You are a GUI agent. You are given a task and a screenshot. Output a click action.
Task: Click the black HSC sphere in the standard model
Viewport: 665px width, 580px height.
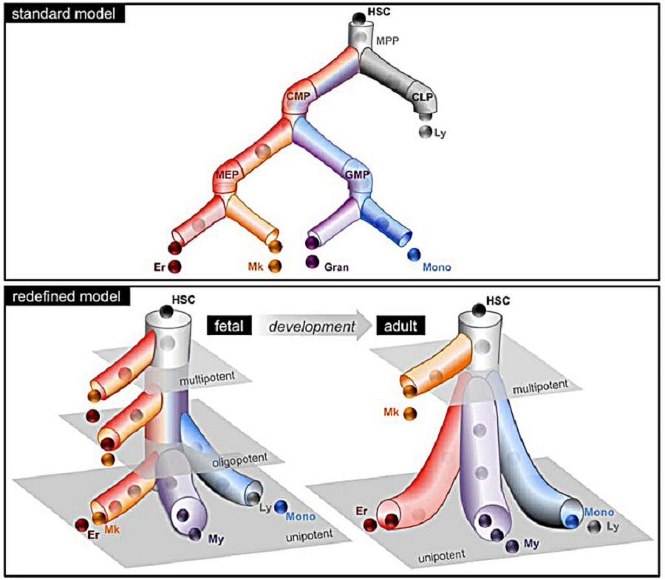[358, 18]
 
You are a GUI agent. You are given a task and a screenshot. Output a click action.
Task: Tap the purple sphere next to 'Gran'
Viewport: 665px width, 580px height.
[312, 261]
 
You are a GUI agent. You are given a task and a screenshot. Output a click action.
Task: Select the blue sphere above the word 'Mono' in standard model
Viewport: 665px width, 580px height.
[415, 254]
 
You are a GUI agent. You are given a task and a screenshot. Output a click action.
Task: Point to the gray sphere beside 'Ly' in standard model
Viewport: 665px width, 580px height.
[424, 132]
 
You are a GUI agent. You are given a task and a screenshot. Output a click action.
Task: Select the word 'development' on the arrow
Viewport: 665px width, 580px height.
[304, 324]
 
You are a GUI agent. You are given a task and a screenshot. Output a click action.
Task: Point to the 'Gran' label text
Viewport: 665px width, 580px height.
[336, 263]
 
